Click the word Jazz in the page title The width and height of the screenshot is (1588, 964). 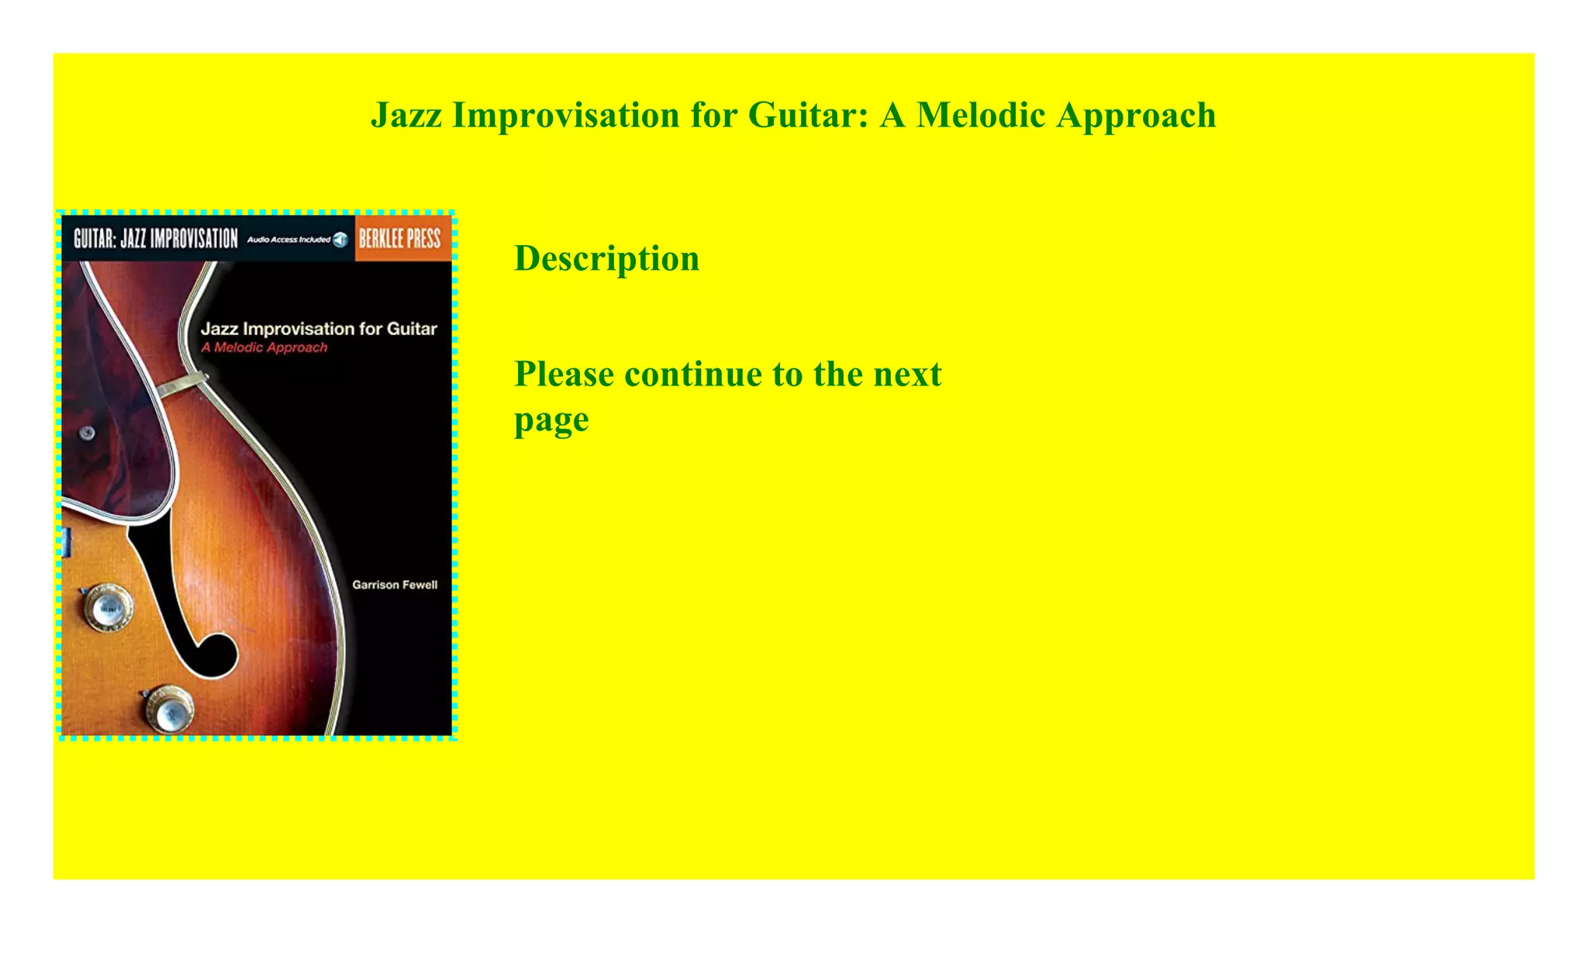(406, 116)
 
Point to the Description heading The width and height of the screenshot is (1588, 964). (606, 259)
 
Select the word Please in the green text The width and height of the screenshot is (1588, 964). (564, 375)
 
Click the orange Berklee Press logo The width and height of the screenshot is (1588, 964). (399, 239)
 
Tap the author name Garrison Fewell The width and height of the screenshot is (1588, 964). (395, 585)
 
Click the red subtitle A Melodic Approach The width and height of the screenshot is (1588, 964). (264, 347)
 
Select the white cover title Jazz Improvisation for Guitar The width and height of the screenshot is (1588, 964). (319, 329)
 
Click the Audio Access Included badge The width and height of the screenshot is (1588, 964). (296, 240)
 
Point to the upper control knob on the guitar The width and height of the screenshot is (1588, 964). (108, 608)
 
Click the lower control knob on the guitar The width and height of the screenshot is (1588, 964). (169, 710)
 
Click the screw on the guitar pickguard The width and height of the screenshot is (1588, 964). (88, 433)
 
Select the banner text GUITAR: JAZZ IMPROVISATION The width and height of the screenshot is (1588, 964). (155, 239)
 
